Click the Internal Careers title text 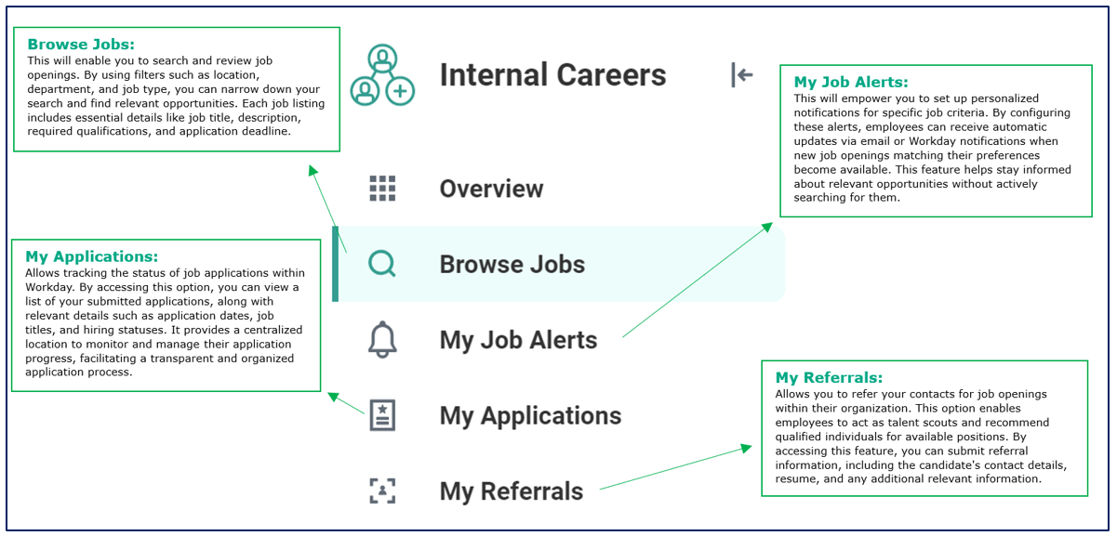[552, 75]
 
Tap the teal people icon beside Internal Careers [381, 75]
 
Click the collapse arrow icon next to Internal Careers [741, 75]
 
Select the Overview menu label [491, 189]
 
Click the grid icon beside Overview [382, 189]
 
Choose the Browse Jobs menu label [512, 265]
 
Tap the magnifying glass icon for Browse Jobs [382, 265]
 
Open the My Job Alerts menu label [518, 340]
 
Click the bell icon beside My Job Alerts [382, 340]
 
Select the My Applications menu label [530, 416]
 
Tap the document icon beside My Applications [382, 415]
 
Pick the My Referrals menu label [512, 491]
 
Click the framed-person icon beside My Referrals [382, 491]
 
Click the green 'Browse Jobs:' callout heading [81, 45]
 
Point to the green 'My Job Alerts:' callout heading [851, 83]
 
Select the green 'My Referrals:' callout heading [829, 378]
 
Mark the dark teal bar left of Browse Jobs [335, 265]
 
